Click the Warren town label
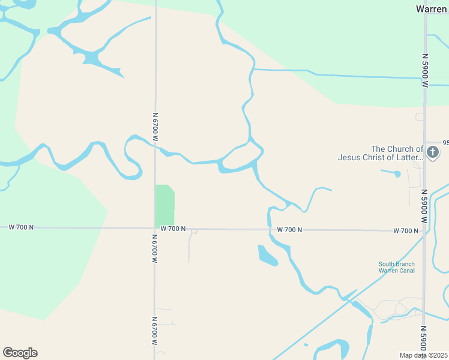(431, 9)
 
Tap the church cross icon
(432, 154)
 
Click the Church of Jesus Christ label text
(380, 154)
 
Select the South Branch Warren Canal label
(396, 267)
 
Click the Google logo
(20, 353)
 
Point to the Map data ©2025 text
(423, 355)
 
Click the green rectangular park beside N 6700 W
(164, 205)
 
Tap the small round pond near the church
(397, 174)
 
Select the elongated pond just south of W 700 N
(267, 255)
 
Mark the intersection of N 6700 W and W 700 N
(155, 228)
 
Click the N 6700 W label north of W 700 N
(155, 127)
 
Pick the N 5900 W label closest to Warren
(424, 71)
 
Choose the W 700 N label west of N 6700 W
(21, 227)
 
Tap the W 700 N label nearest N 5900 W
(405, 230)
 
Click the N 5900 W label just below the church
(424, 206)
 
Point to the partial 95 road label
(445, 143)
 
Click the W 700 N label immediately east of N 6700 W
(173, 229)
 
